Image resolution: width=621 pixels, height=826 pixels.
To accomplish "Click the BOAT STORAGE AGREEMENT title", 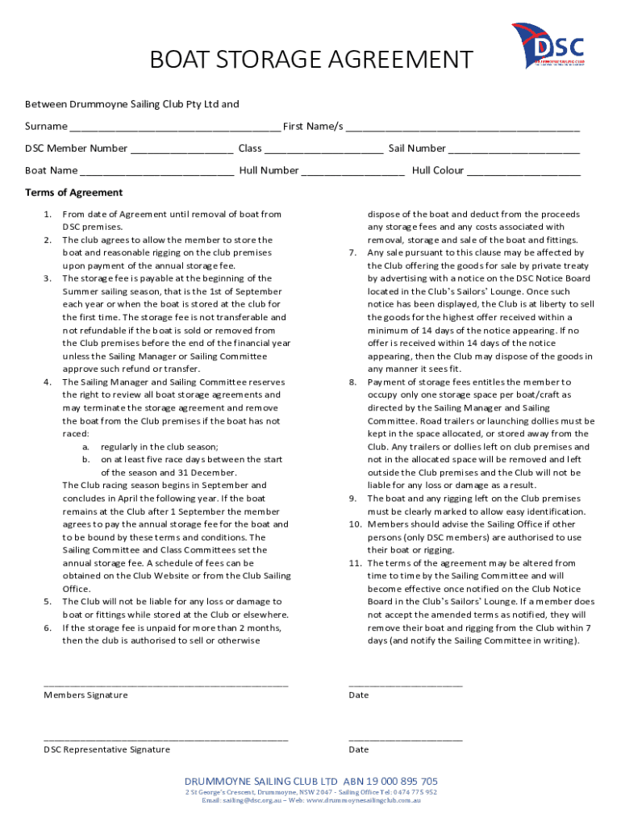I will [310, 60].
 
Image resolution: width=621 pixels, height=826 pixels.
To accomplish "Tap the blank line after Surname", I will [175, 127].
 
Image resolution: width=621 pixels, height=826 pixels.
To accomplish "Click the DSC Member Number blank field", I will [181, 149].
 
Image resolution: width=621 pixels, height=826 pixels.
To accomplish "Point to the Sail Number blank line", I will [514, 149].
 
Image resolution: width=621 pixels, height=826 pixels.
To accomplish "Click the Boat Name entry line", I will [157, 171].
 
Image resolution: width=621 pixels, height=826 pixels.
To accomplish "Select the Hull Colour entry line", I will [523, 171].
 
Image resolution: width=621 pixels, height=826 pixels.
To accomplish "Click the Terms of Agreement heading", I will [73, 193].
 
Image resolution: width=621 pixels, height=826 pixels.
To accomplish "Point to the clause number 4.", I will [48, 382].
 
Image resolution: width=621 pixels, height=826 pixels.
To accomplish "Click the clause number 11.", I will [354, 563].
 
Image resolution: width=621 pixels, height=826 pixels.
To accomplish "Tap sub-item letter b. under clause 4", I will [85, 460].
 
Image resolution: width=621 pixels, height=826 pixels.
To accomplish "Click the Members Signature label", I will [85, 695].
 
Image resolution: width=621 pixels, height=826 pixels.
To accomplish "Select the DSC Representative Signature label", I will [106, 749].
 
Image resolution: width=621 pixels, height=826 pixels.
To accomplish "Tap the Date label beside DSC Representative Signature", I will [358, 749].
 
